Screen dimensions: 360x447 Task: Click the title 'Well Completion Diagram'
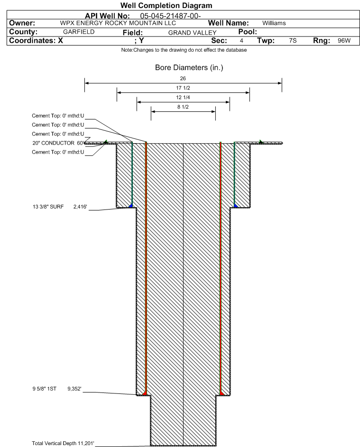click(166, 5)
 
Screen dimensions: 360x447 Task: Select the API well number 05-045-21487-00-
click(170, 16)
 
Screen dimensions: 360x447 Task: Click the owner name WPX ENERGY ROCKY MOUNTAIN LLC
click(118, 23)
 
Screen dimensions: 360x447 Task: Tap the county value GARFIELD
click(79, 32)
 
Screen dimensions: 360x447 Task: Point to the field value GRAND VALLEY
click(192, 33)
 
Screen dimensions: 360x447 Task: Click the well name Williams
click(274, 23)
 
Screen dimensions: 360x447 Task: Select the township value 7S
click(293, 40)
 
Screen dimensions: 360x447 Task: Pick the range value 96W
click(344, 40)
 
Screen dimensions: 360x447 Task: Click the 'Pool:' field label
click(248, 32)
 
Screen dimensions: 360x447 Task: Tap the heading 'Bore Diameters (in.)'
click(189, 68)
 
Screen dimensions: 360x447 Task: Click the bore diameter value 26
click(183, 78)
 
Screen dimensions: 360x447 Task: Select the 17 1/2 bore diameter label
click(183, 88)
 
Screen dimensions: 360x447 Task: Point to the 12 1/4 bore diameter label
click(183, 97)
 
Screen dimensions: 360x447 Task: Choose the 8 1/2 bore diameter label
click(183, 107)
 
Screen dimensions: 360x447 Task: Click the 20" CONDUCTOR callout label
click(53, 143)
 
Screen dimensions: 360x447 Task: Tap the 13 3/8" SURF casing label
click(48, 207)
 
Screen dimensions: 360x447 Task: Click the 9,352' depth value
click(74, 389)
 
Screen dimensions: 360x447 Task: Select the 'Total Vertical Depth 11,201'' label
click(63, 443)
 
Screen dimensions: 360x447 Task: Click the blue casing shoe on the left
click(130, 206)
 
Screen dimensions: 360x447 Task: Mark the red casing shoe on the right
click(222, 393)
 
